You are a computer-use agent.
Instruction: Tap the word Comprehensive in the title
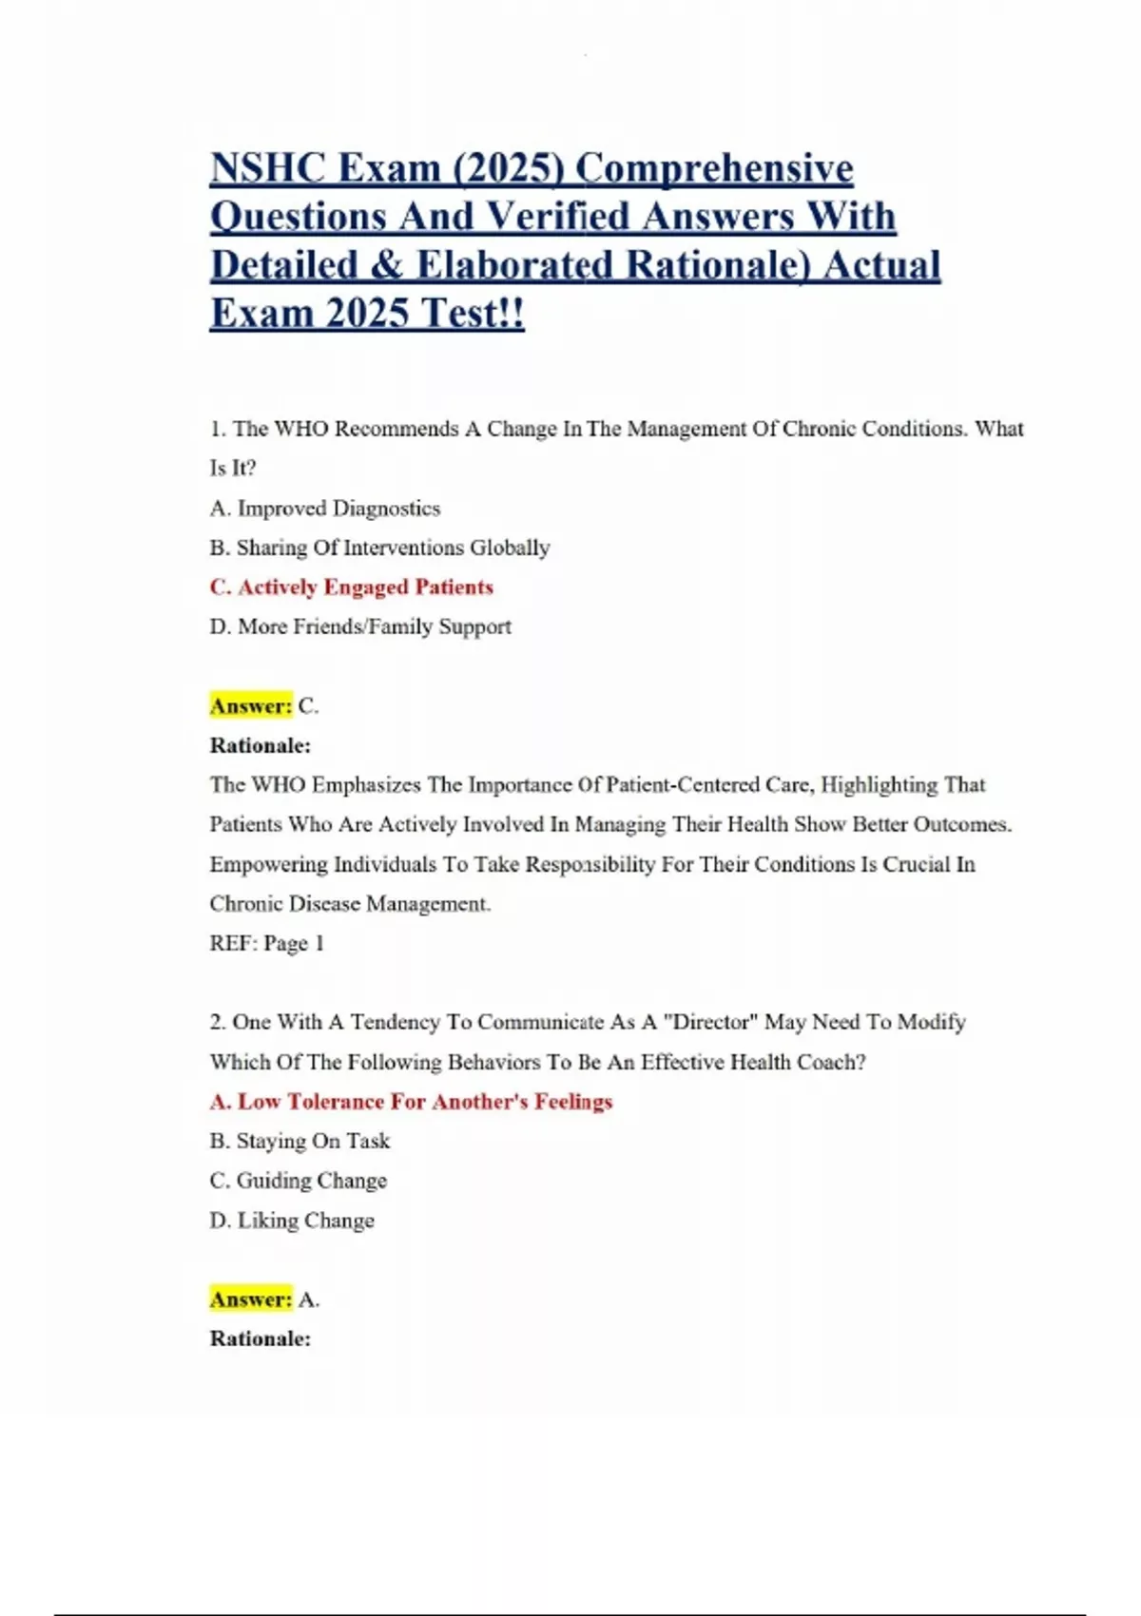714,169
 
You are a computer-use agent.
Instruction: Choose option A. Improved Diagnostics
325,509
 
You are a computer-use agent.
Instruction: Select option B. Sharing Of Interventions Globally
379,548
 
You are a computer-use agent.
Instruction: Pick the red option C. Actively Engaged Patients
351,587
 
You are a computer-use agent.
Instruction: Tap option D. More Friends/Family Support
360,626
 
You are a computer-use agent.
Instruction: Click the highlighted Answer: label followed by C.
251,706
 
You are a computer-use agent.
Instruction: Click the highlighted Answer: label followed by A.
251,1299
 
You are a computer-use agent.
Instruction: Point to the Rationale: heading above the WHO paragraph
260,745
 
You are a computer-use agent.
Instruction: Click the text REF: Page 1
266,943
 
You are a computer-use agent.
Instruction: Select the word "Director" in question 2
709,1022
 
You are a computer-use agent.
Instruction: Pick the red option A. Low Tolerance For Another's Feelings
411,1102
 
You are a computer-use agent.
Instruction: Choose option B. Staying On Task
300,1141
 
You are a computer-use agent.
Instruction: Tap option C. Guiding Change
298,1181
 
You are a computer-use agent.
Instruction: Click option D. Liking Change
292,1221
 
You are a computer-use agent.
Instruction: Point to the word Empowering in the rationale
268,864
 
